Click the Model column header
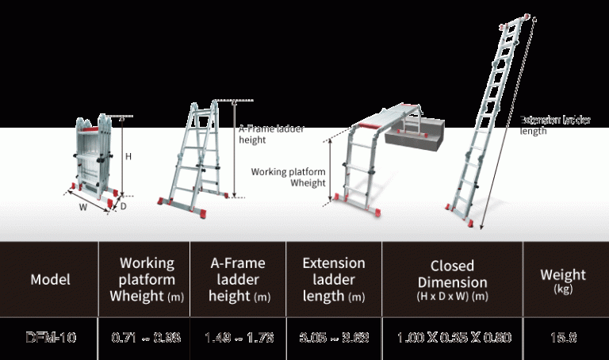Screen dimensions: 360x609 50,279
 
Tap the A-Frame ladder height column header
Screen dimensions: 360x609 238,279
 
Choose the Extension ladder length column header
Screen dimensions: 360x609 334,279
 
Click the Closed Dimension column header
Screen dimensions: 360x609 452,279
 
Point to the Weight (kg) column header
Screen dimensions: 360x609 562,279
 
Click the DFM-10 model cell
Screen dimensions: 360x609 50,337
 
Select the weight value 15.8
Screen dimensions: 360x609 562,337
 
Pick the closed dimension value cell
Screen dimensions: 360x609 454,337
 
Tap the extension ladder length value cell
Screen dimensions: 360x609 334,337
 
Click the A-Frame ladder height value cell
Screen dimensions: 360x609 238,337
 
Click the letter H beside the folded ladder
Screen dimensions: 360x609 128,157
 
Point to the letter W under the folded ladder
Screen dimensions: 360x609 82,209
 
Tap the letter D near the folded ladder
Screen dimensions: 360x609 123,206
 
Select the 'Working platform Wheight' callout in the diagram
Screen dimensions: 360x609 288,177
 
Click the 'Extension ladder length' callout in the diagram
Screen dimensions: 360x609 555,125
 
